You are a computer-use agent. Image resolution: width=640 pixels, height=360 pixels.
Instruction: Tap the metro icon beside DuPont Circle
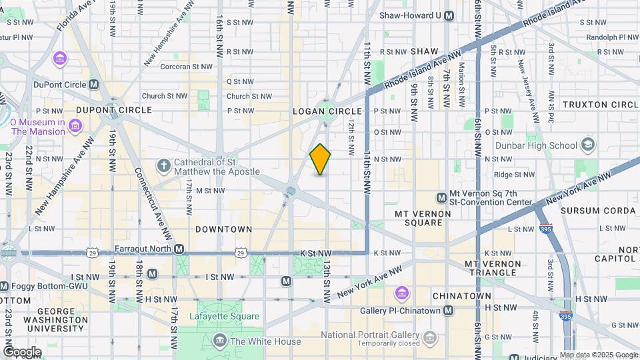point(93,85)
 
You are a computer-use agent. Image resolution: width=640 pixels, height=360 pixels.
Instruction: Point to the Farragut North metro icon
point(179,249)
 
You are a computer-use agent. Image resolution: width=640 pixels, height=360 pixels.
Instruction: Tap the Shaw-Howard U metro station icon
point(449,15)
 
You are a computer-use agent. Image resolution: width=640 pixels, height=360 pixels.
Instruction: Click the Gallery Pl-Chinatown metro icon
point(449,311)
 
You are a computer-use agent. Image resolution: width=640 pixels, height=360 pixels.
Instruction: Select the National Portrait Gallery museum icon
point(431,335)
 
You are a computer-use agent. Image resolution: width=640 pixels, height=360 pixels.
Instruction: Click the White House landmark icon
point(219,341)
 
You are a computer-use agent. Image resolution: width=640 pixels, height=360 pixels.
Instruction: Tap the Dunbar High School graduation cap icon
point(587,145)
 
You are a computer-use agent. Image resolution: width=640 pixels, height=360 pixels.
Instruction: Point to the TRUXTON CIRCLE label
point(600,105)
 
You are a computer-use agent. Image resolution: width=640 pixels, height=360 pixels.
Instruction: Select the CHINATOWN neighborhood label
point(461,295)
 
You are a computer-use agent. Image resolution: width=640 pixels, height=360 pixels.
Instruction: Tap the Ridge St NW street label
point(515,175)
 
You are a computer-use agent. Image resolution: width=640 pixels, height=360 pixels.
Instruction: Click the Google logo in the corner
point(21,352)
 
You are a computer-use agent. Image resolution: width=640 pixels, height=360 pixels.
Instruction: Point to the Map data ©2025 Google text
point(599,355)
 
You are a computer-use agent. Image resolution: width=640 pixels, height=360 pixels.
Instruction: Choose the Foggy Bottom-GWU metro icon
point(5,286)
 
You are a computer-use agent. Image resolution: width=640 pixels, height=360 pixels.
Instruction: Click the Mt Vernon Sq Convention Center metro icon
point(441,197)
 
